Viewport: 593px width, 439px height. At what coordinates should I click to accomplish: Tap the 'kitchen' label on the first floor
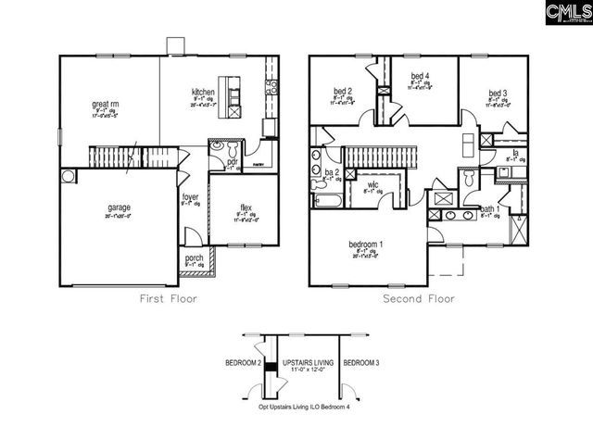click(x=203, y=93)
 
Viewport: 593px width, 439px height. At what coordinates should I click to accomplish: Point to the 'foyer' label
click(x=190, y=196)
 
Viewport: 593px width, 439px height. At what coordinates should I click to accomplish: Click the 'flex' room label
click(x=243, y=207)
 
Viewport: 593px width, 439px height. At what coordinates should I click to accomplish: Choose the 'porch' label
click(x=195, y=258)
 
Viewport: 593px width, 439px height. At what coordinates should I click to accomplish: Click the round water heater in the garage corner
click(x=68, y=176)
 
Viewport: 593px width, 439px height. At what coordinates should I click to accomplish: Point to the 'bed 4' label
click(x=420, y=76)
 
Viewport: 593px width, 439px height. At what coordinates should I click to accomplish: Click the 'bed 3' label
click(x=497, y=94)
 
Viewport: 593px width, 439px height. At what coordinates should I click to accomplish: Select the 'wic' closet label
click(x=372, y=185)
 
